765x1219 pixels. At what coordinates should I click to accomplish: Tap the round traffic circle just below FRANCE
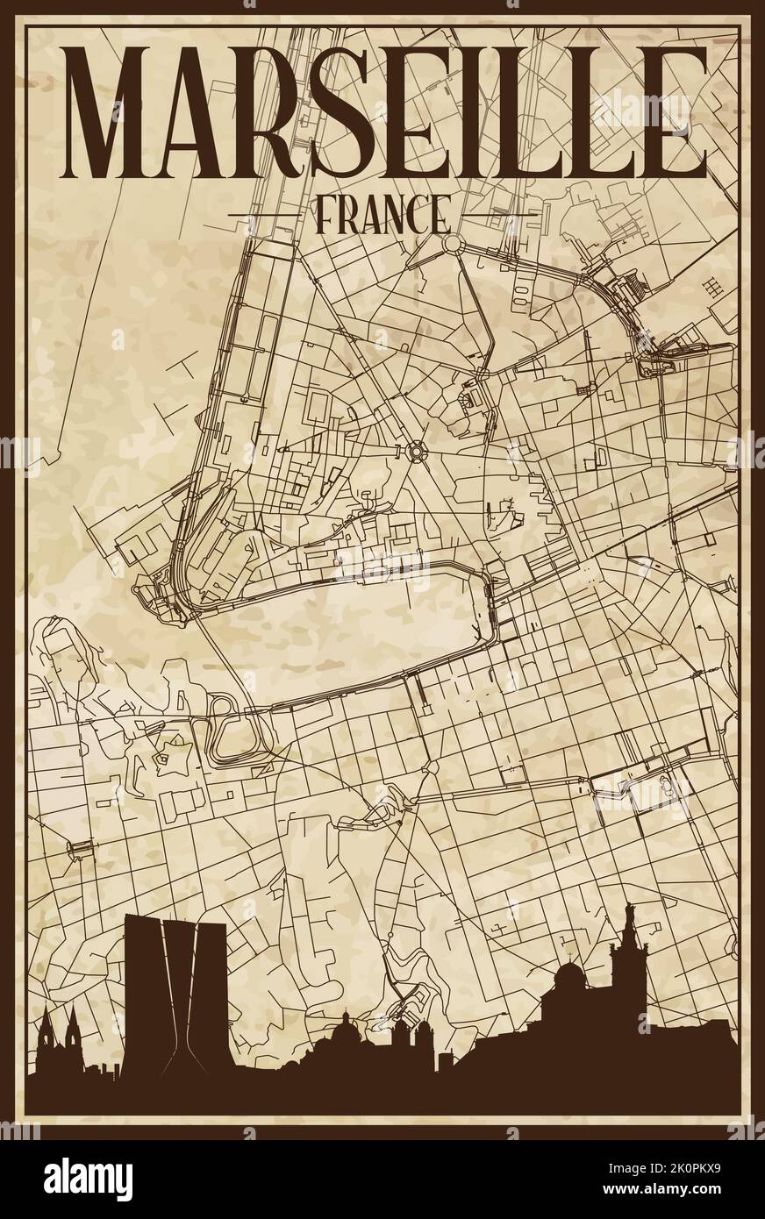453,243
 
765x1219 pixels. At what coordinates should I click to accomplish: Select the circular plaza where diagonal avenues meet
414,452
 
